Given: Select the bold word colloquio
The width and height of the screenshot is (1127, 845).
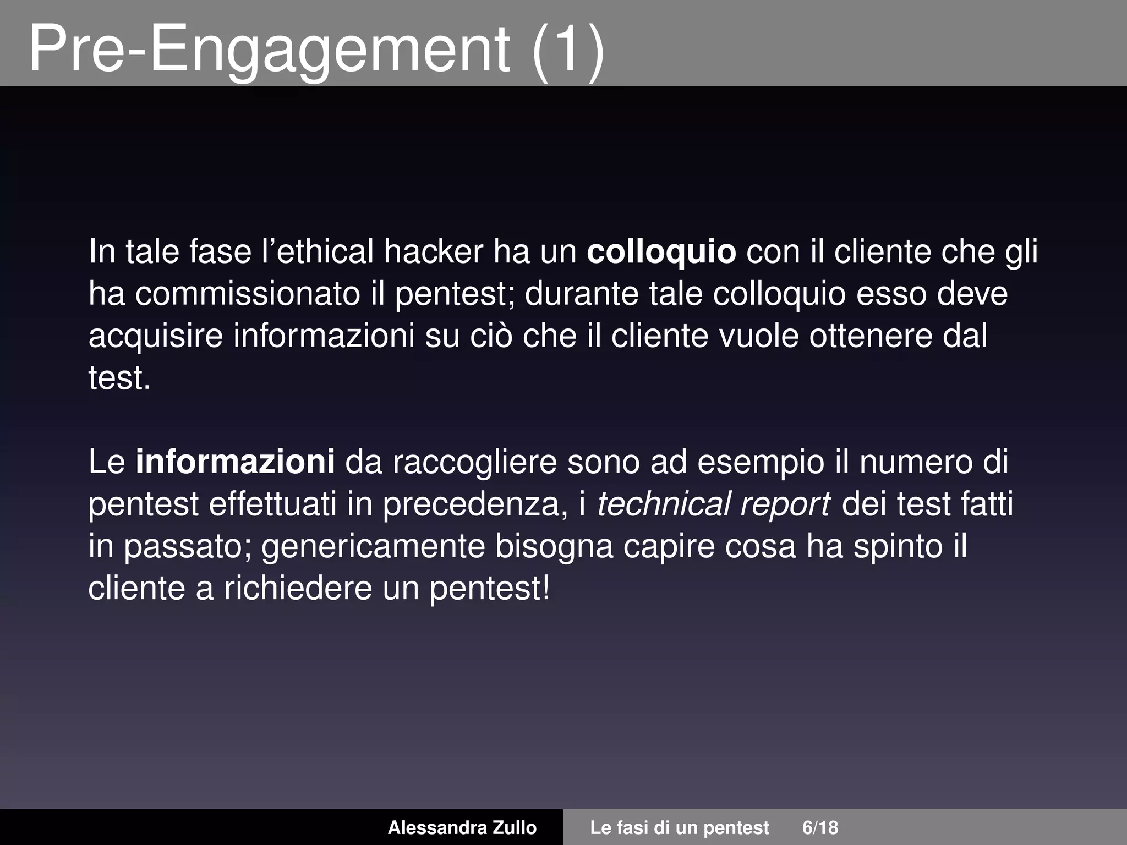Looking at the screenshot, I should [661, 252].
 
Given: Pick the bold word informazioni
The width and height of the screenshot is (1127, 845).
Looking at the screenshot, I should [235, 462].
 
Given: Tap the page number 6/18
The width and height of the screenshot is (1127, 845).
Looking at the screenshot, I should [820, 827].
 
